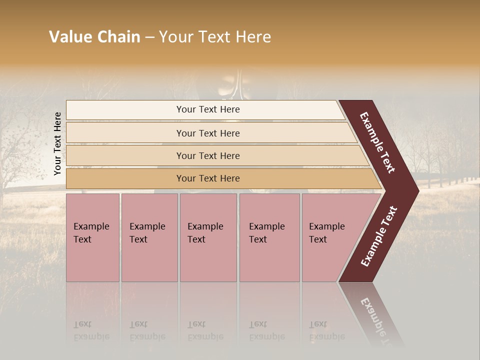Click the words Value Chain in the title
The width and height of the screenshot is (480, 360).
click(x=94, y=37)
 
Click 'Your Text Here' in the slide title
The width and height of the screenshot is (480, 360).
click(x=214, y=37)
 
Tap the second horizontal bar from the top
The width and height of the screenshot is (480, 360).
click(x=208, y=133)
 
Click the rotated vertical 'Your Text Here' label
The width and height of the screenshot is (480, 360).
click(x=57, y=144)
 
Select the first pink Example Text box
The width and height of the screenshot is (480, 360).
click(x=92, y=237)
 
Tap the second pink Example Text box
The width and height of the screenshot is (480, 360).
click(x=149, y=237)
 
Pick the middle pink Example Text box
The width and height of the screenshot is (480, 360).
click(x=208, y=237)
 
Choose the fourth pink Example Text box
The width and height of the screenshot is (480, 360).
click(x=269, y=237)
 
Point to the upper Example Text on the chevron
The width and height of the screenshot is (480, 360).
click(x=378, y=143)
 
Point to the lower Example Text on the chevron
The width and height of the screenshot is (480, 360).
click(x=379, y=236)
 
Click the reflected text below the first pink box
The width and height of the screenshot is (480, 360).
click(x=91, y=330)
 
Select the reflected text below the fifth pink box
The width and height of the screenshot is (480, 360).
click(x=326, y=330)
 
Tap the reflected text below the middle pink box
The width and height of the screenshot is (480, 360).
click(x=205, y=330)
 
